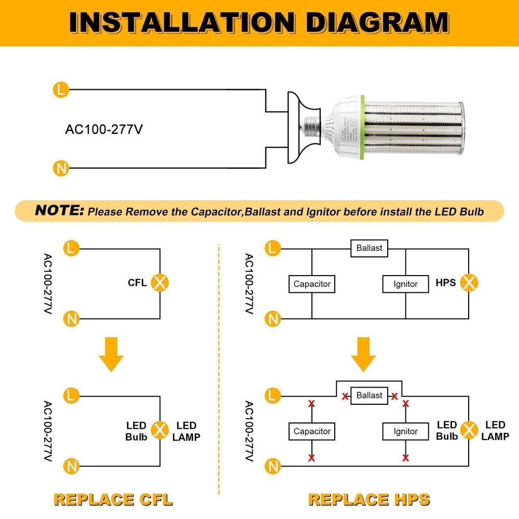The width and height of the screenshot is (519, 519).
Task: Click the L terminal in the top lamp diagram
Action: (61, 89)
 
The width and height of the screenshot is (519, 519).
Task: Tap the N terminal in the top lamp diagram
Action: (61, 168)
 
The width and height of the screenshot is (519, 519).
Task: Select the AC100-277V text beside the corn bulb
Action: (103, 129)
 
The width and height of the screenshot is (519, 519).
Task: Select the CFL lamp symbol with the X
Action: (160, 283)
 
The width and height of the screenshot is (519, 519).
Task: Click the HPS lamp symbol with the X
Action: (470, 283)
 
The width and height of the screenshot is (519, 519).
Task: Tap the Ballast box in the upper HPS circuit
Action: (369, 248)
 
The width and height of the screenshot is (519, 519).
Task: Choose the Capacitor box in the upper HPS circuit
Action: (312, 284)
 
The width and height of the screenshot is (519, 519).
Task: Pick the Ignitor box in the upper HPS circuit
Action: (405, 284)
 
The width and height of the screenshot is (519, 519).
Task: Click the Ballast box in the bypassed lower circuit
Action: (369, 395)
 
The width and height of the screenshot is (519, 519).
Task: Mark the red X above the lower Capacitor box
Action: (312, 404)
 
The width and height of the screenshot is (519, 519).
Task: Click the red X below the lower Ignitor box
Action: (405, 458)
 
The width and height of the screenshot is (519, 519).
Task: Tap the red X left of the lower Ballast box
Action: (345, 397)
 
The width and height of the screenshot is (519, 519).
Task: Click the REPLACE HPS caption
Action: (369, 499)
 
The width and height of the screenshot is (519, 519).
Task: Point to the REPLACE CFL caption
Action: (113, 499)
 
